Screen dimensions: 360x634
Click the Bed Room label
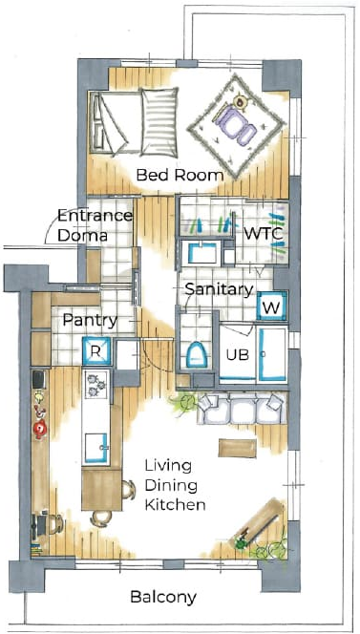click(180, 176)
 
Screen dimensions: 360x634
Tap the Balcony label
click(163, 597)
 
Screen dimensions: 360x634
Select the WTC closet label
click(264, 234)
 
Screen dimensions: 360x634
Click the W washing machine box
click(272, 307)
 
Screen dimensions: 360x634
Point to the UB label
click(238, 355)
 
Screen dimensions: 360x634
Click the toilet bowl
click(198, 354)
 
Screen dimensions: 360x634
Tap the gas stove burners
click(95, 384)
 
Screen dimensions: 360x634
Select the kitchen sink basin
click(97, 447)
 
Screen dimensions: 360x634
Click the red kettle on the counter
click(40, 429)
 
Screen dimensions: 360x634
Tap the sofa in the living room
click(242, 409)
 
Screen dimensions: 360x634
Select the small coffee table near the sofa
click(237, 448)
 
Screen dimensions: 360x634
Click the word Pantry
click(90, 321)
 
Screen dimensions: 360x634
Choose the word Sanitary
click(220, 289)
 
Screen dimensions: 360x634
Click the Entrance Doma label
click(95, 225)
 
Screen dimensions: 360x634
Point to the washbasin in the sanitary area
click(201, 253)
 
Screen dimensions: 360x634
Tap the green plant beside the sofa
click(184, 403)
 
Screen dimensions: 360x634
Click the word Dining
click(172, 486)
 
